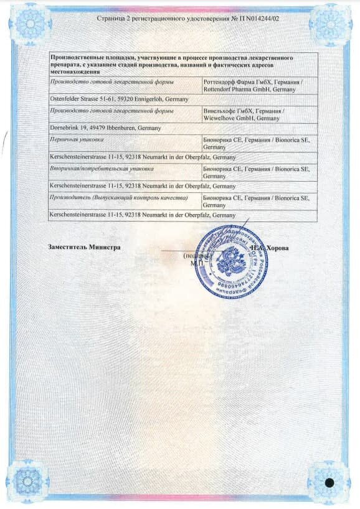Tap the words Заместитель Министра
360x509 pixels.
tap(84, 246)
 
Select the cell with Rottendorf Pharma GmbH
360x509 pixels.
tap(259, 86)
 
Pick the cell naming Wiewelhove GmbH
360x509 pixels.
tap(259, 113)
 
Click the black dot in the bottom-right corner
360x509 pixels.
tap(329, 482)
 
